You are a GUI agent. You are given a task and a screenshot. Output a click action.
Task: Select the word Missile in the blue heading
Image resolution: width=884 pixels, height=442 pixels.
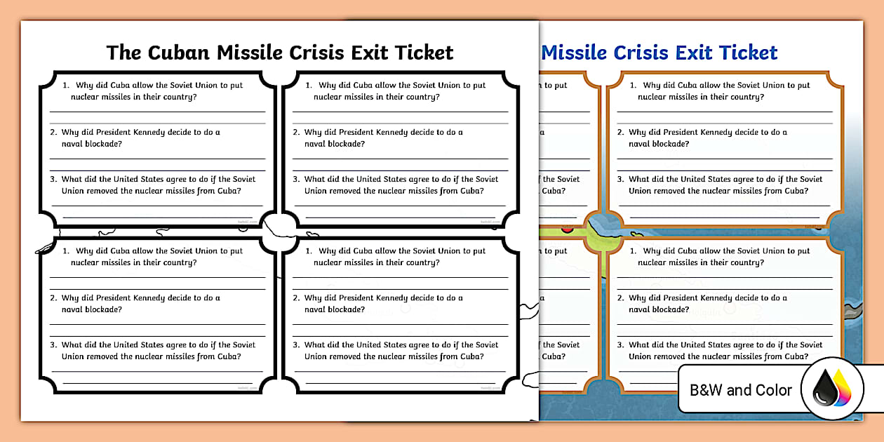(x=575, y=53)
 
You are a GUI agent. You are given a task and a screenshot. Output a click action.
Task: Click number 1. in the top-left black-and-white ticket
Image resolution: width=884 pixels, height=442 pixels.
(x=67, y=86)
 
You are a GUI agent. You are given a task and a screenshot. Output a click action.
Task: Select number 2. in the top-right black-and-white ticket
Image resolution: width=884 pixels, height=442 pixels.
(x=297, y=133)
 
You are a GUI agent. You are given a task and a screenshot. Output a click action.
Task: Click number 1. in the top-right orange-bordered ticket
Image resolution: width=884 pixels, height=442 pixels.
(x=634, y=86)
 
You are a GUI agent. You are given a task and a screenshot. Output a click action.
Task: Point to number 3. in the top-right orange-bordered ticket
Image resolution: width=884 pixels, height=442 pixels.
(x=621, y=180)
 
